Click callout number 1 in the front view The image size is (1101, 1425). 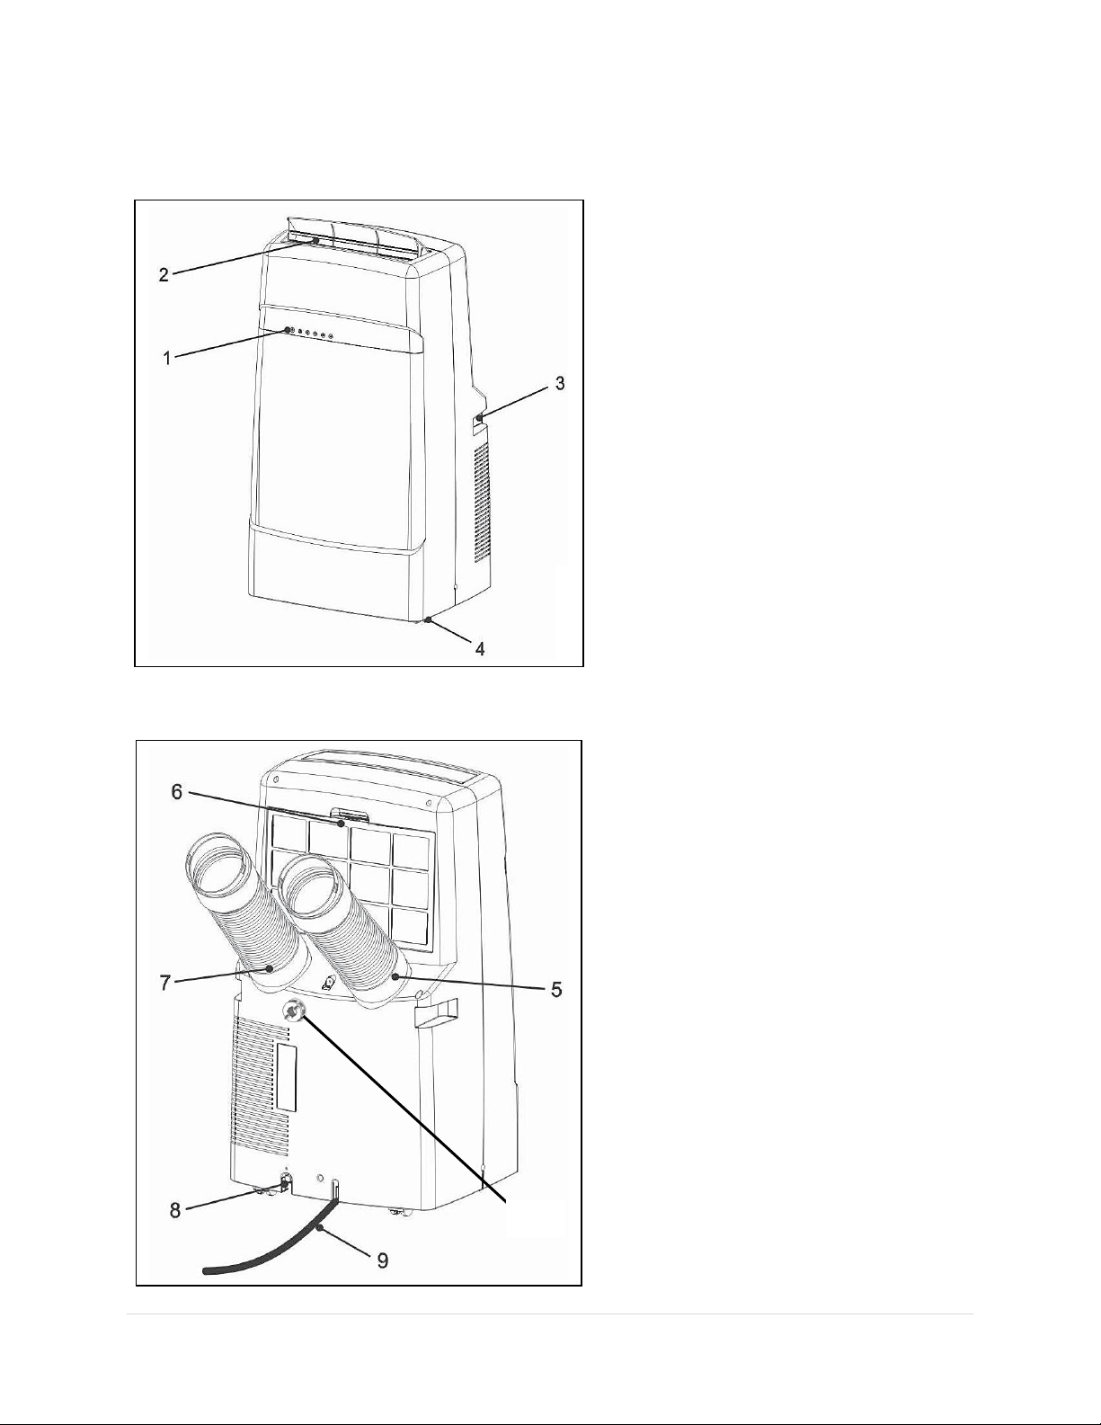(x=167, y=358)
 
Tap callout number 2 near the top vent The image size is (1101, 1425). (x=164, y=273)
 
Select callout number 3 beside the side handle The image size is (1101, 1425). (x=560, y=383)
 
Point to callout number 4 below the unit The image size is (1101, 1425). (x=480, y=648)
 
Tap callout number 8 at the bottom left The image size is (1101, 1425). (x=175, y=1210)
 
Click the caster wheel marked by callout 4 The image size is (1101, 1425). (x=427, y=619)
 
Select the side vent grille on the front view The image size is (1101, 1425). (x=482, y=502)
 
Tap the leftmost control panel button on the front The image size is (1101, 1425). (x=289, y=330)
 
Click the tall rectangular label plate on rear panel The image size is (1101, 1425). (x=287, y=1087)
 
